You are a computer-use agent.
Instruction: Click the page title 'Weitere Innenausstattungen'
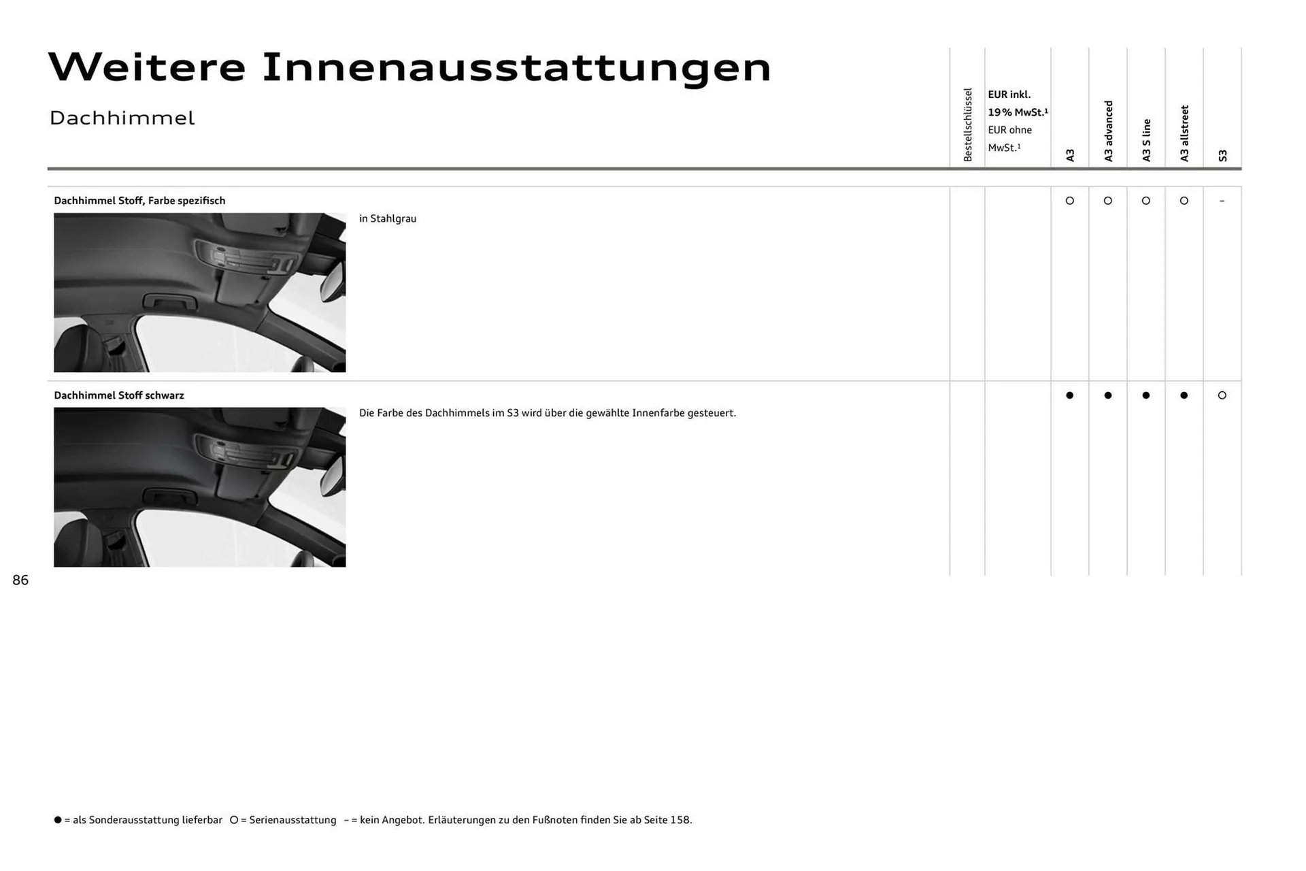click(x=409, y=67)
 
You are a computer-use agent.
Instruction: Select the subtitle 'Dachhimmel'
click(x=122, y=118)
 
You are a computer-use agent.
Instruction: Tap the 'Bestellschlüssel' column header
click(x=968, y=125)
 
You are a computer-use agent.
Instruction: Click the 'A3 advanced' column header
click(x=1108, y=131)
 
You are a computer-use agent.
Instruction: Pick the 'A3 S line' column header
click(x=1146, y=140)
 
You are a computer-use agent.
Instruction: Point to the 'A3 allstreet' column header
click(x=1184, y=133)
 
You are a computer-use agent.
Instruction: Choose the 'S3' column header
click(x=1222, y=156)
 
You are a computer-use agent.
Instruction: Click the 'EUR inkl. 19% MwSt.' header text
click(x=1017, y=103)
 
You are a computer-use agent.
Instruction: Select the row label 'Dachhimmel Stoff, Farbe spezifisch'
click(x=139, y=201)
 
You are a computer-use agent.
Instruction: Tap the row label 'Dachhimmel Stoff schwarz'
click(x=119, y=395)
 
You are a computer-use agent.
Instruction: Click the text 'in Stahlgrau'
click(x=388, y=218)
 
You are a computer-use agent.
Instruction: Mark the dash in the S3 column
click(x=1222, y=201)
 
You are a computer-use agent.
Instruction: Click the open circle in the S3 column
click(x=1222, y=395)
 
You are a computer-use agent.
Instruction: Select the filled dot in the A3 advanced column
click(x=1108, y=395)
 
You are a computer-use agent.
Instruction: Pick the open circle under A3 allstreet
click(x=1184, y=201)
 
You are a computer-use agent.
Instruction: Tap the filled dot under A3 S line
click(x=1146, y=395)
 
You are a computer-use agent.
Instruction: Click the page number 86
click(x=20, y=580)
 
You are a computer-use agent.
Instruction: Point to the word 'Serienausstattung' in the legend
click(x=292, y=820)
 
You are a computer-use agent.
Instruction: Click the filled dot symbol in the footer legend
click(x=58, y=820)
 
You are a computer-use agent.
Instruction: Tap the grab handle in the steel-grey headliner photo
click(x=169, y=301)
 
